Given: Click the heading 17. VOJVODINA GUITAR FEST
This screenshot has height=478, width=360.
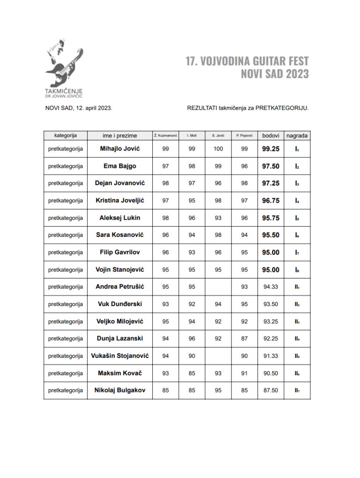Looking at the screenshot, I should pyautogui.click(x=247, y=62).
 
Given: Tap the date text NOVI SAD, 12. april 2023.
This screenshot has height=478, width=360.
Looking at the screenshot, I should pyautogui.click(x=78, y=108).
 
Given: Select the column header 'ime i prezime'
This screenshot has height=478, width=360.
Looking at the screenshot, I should pyautogui.click(x=120, y=136).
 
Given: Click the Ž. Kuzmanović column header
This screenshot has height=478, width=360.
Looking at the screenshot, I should pyautogui.click(x=166, y=136).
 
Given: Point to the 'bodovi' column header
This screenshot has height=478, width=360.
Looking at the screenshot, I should pyautogui.click(x=271, y=136).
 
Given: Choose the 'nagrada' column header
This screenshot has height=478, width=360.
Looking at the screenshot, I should pyautogui.click(x=297, y=136).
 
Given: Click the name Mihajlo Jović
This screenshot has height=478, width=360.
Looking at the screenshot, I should pyautogui.click(x=120, y=149).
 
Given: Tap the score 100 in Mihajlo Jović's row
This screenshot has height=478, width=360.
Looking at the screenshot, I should pyautogui.click(x=218, y=149).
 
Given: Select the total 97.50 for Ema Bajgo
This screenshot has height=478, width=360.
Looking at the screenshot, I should pyautogui.click(x=271, y=166).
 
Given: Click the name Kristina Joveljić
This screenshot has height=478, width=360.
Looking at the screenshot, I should pyautogui.click(x=120, y=200).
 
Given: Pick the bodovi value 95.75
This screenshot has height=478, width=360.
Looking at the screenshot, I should pyautogui.click(x=271, y=218).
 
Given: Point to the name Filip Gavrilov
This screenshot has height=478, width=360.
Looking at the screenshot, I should pyautogui.click(x=120, y=252).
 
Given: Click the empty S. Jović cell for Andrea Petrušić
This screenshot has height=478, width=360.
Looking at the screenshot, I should pyautogui.click(x=218, y=287).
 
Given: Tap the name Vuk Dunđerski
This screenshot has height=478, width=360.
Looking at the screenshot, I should pyautogui.click(x=120, y=304).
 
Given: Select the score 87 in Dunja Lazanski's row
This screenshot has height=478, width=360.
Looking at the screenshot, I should pyautogui.click(x=244, y=339).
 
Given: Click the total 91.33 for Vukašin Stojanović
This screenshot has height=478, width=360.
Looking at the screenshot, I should pyautogui.click(x=271, y=356).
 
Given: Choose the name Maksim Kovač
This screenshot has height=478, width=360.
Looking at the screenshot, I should pyautogui.click(x=120, y=373).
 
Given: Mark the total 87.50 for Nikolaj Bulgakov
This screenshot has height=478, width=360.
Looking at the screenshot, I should pyautogui.click(x=271, y=391).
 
